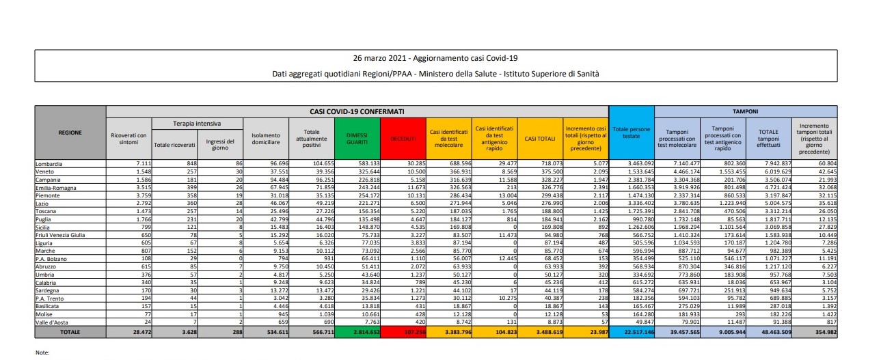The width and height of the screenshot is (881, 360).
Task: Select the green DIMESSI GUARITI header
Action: [358, 139]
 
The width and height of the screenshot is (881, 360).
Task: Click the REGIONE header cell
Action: [70, 133]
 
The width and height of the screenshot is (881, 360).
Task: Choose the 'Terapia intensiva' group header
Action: [197, 124]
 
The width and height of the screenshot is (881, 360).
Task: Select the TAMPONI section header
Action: [746, 110]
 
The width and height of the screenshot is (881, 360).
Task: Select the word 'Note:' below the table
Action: [43, 353]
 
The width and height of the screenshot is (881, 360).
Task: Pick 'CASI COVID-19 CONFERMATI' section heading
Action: [357, 110]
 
